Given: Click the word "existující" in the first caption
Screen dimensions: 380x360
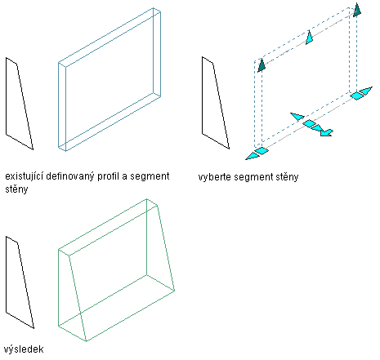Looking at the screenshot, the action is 24,176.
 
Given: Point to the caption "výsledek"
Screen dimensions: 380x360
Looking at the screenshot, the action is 24,349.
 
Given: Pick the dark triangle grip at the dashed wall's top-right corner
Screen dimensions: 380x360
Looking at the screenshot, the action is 357,10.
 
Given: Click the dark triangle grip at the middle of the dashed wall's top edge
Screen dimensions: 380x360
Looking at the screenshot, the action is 309,38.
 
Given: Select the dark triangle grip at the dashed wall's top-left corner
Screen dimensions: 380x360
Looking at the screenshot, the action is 262,65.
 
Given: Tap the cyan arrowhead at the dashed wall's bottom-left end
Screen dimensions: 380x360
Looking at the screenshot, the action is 252,156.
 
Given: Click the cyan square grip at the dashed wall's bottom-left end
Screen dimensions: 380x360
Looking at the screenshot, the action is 262,151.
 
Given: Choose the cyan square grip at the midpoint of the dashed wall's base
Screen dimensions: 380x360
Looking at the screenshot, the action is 310,123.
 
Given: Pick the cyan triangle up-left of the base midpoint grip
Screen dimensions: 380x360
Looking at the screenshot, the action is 297,116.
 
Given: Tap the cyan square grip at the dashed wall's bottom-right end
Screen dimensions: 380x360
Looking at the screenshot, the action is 357,96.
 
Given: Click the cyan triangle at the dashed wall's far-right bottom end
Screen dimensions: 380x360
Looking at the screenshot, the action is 366,91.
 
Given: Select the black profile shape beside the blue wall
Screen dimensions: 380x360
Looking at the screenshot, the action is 19,104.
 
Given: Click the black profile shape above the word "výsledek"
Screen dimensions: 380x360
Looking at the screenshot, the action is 20,282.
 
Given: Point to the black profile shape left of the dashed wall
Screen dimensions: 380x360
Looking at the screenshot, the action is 215,103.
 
